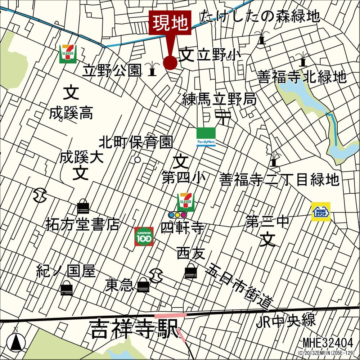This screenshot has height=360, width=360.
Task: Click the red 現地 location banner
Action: [x=170, y=23]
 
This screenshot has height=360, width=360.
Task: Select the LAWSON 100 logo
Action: [x=144, y=237]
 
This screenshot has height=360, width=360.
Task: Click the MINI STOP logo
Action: [x=321, y=212]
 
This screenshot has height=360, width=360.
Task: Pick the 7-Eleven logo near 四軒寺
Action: [x=186, y=202]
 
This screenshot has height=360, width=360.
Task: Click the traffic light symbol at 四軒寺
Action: [x=177, y=215]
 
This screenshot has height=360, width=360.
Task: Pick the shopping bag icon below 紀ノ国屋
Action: [x=67, y=288]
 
